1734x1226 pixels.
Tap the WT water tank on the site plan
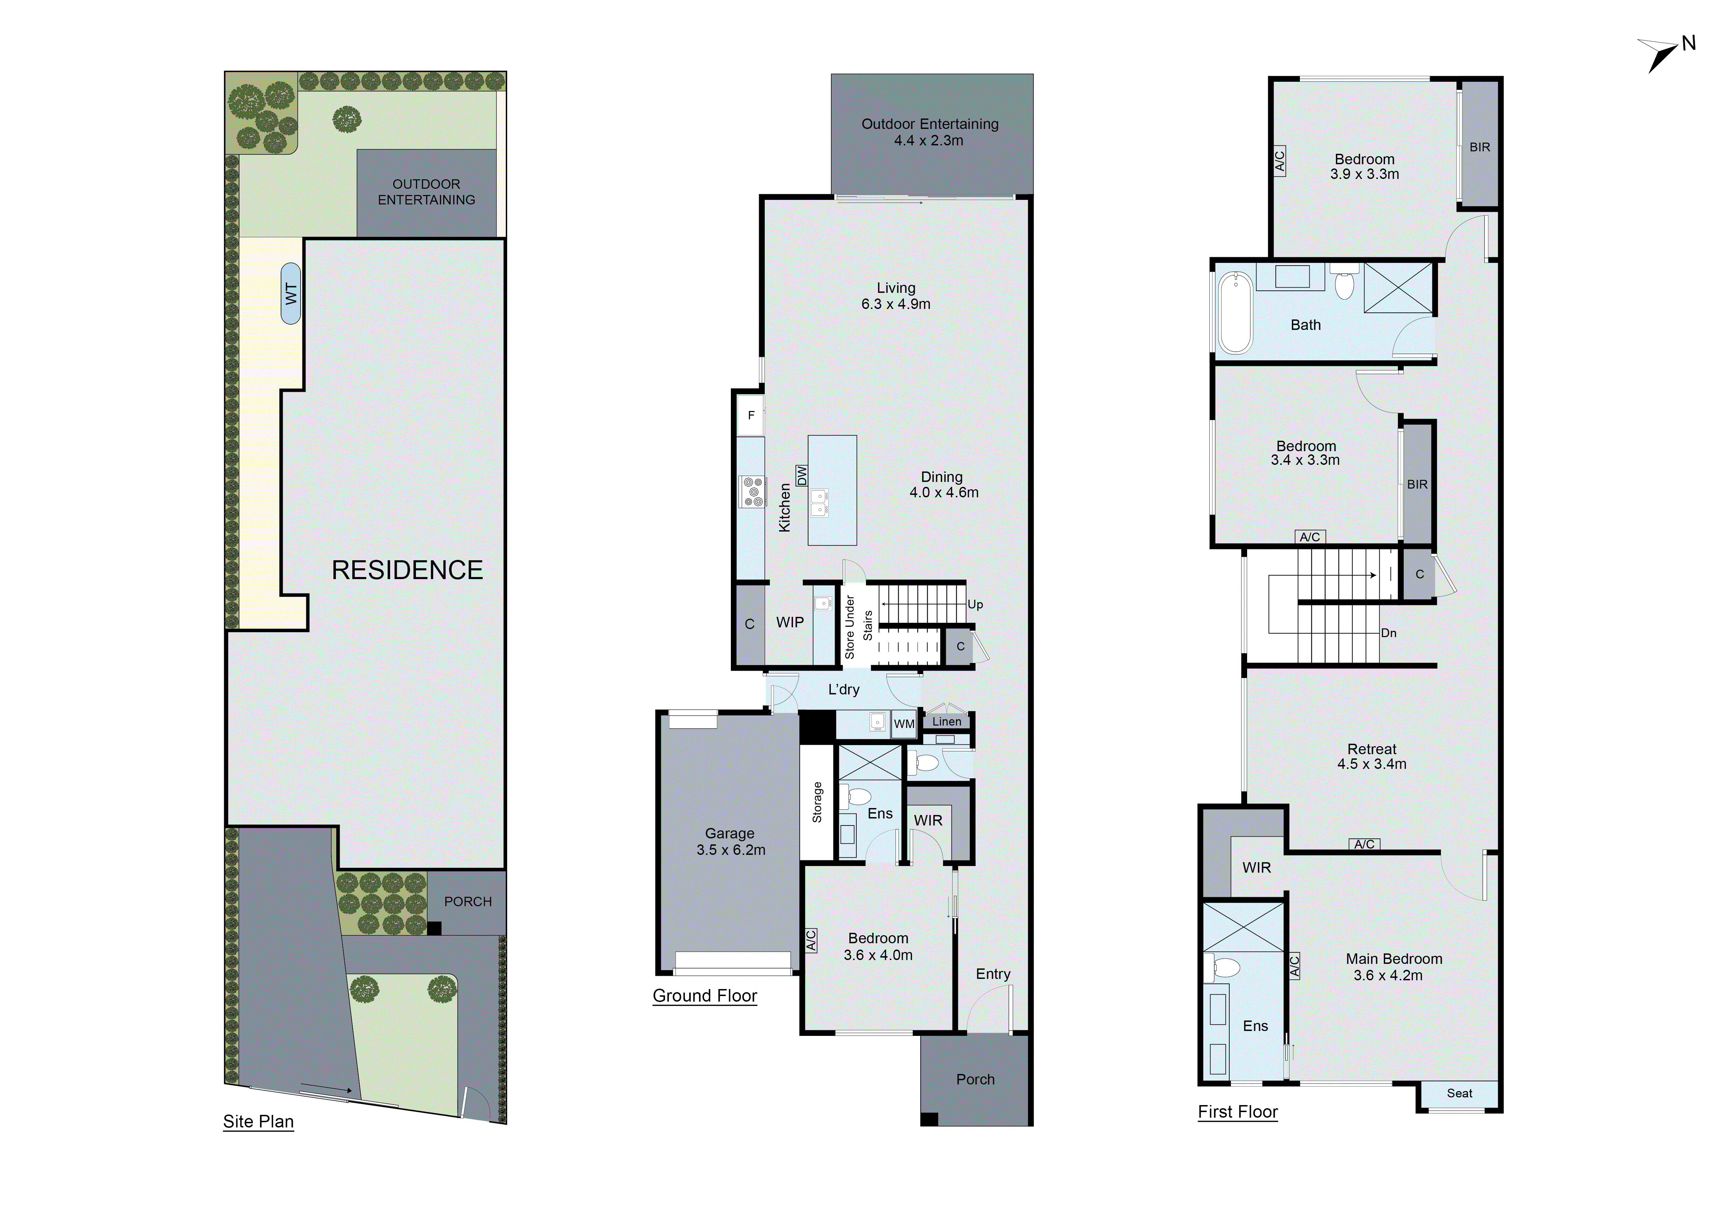291,294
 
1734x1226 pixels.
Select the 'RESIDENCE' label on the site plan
407,570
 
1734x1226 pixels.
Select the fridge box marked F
751,415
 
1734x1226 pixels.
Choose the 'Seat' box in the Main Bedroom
1459,1093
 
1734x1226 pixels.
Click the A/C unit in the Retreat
1364,844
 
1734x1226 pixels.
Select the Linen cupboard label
946,722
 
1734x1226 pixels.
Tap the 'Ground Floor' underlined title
705,996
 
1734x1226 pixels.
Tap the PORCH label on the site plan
467,901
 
